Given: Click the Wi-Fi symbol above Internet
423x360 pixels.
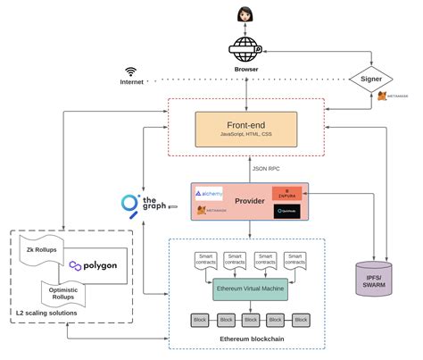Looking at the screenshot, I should pyautogui.click(x=131, y=70).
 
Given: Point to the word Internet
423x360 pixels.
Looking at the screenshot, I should pyautogui.click(x=131, y=82).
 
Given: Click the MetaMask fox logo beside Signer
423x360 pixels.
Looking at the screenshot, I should pyautogui.click(x=382, y=96).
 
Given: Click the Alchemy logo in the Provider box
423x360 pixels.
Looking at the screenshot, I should pyautogui.click(x=209, y=193).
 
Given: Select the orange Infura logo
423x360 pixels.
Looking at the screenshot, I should pyautogui.click(x=286, y=193).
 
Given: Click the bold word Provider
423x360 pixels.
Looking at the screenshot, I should pyautogui.click(x=249, y=201).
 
